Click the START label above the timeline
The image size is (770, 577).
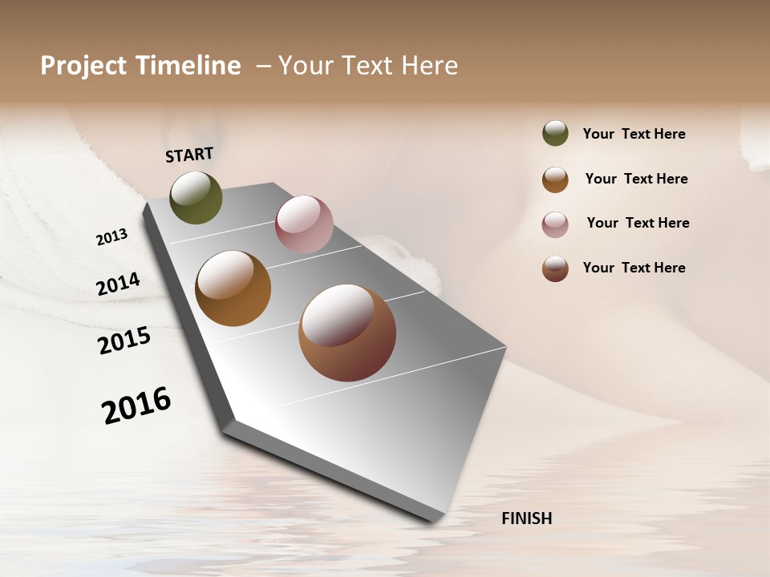pos(189,155)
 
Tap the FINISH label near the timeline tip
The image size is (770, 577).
pos(526,518)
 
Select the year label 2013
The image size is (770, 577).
pos(112,236)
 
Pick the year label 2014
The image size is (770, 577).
pos(118,284)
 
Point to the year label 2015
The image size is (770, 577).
pos(124,341)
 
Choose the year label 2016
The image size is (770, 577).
pos(136,405)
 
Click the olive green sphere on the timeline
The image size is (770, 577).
pos(196,197)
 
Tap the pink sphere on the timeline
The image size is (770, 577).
pos(304,224)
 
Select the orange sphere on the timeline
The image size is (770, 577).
pos(233,288)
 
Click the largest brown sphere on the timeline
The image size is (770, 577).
pos(347,333)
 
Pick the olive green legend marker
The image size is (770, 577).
pos(555,133)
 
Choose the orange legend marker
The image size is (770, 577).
pos(555,180)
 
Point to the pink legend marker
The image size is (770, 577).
pos(555,224)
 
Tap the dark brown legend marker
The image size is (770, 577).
pos(555,268)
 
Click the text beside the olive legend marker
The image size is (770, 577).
pos(634,134)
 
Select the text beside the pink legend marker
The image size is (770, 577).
pos(638,223)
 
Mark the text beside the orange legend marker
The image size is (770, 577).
pos(636,179)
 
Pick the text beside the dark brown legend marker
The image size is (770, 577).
pos(634,268)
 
